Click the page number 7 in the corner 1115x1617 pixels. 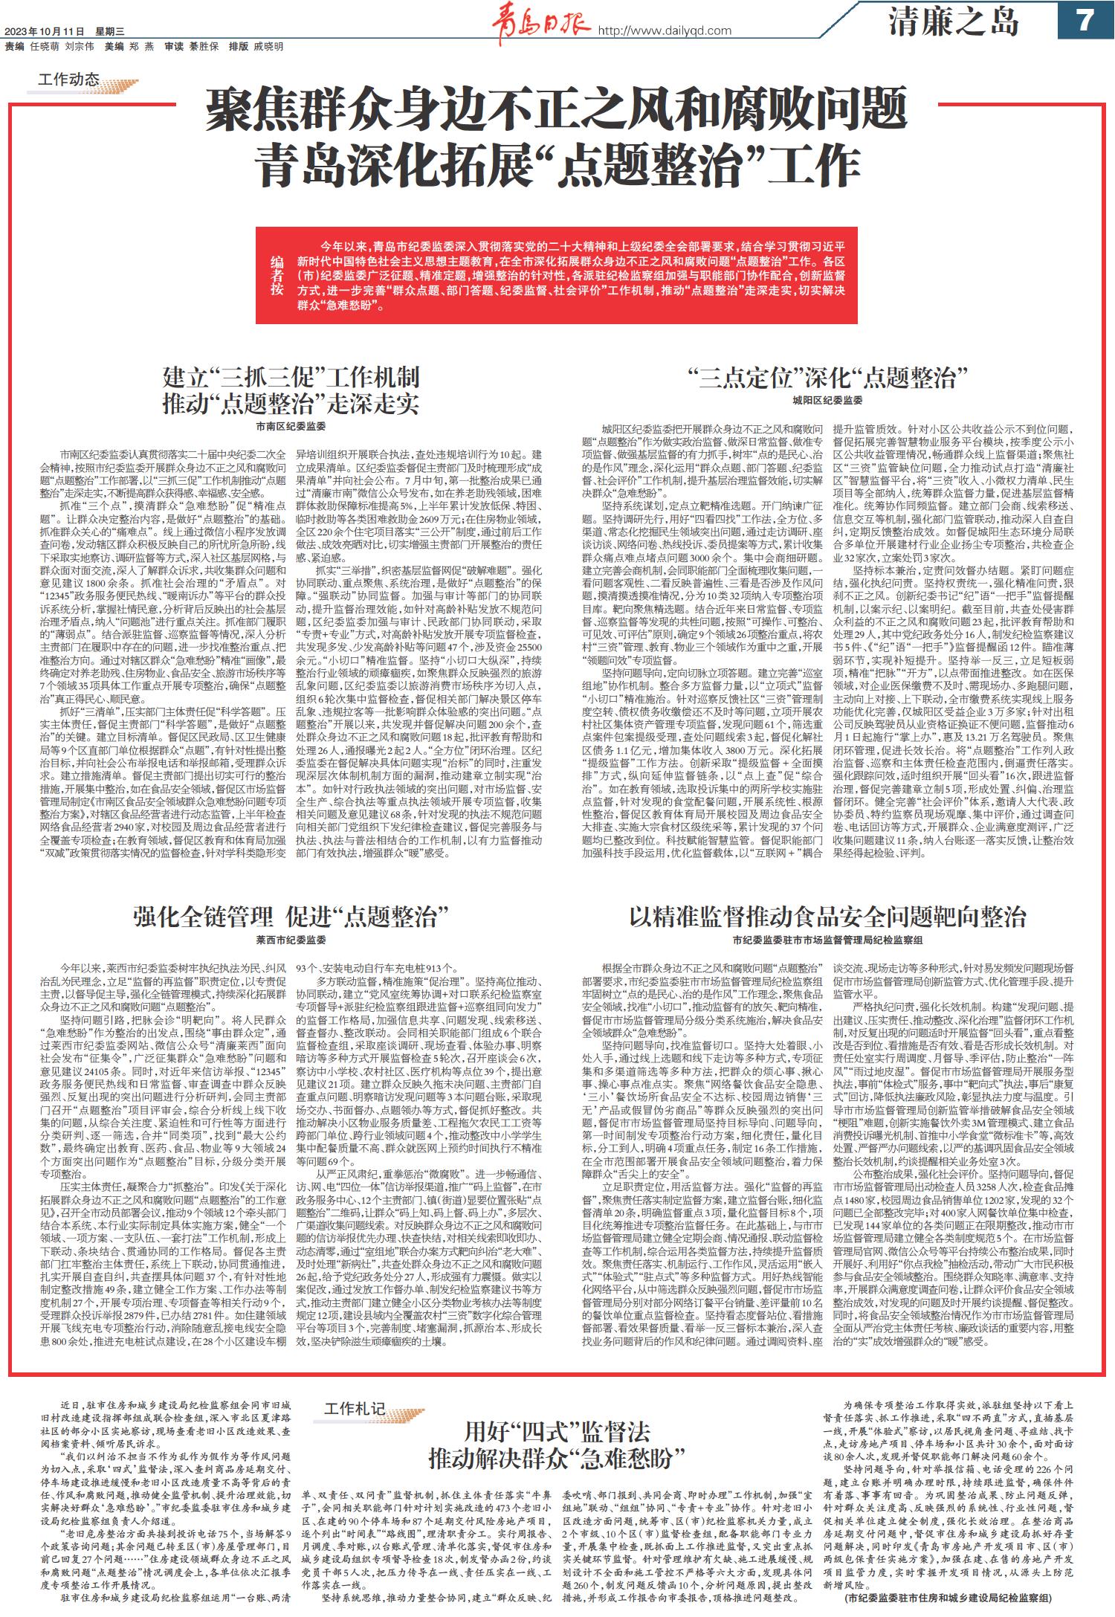[x=1085, y=20]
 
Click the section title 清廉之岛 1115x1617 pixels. [x=954, y=22]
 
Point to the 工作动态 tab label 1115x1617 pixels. [x=68, y=78]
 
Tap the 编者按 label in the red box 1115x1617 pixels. [x=277, y=276]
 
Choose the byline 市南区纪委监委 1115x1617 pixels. [x=291, y=427]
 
